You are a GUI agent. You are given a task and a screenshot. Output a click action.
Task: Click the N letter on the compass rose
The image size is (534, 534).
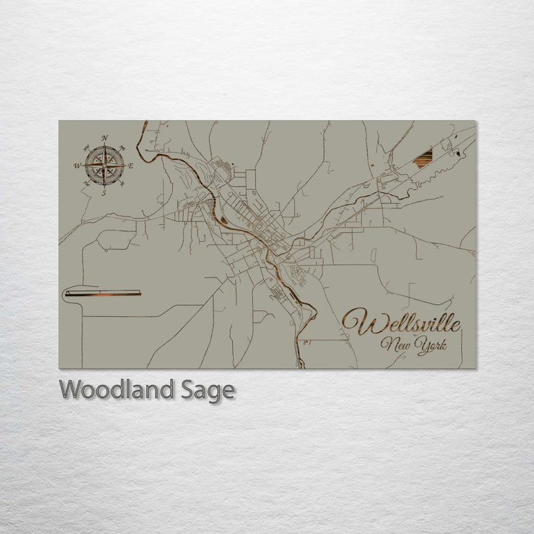tap(105, 138)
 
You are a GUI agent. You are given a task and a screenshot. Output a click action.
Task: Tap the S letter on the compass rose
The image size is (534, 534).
tap(104, 193)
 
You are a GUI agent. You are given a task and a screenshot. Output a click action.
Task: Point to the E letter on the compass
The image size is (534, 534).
tap(131, 166)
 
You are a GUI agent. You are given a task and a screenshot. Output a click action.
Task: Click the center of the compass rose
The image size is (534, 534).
tap(104, 165)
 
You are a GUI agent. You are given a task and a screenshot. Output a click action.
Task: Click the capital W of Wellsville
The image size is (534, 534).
tap(357, 323)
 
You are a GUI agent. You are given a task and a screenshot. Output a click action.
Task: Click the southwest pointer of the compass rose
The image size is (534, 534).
tap(93, 176)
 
